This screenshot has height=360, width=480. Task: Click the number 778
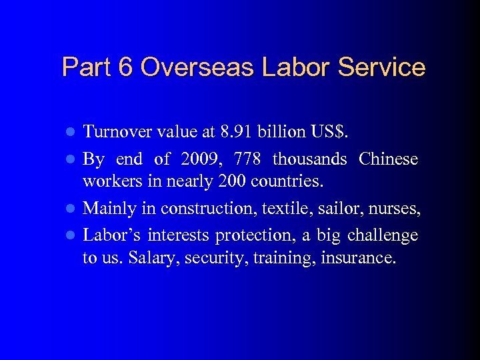click(252, 159)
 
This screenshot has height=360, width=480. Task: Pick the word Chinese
click(389, 159)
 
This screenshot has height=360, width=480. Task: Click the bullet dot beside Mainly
click(73, 209)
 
